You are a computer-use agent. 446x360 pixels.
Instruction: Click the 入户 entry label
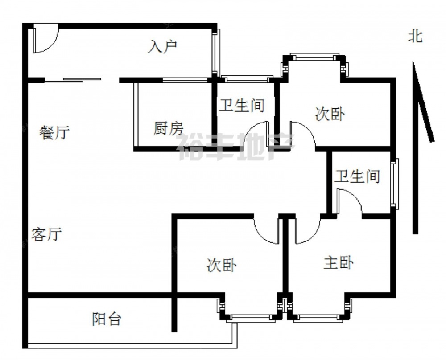pyautogui.click(x=163, y=46)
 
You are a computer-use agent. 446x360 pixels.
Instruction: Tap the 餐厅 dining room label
pyautogui.click(x=54, y=132)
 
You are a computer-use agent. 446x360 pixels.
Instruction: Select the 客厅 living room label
pyautogui.click(x=46, y=234)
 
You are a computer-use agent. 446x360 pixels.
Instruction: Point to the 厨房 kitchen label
pyautogui.click(x=168, y=129)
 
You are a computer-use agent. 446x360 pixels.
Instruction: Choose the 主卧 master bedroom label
pyautogui.click(x=339, y=262)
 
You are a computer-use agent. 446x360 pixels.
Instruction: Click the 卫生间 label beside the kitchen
pyautogui.click(x=242, y=106)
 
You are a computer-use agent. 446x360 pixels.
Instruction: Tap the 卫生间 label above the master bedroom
pyautogui.click(x=357, y=176)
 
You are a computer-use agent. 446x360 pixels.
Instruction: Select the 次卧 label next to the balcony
pyautogui.click(x=222, y=266)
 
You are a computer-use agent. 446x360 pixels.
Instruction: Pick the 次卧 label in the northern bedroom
pyautogui.click(x=330, y=115)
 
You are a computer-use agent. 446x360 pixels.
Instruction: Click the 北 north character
pyautogui.click(x=415, y=37)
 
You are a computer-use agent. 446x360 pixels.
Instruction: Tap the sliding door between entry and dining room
pyautogui.click(x=74, y=80)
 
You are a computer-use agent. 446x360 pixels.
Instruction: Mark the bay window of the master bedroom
pyautogui.click(x=318, y=317)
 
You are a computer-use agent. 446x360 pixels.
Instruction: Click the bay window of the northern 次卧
pyautogui.click(x=312, y=57)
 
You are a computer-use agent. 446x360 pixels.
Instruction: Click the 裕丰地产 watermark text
pyautogui.click(x=236, y=147)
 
